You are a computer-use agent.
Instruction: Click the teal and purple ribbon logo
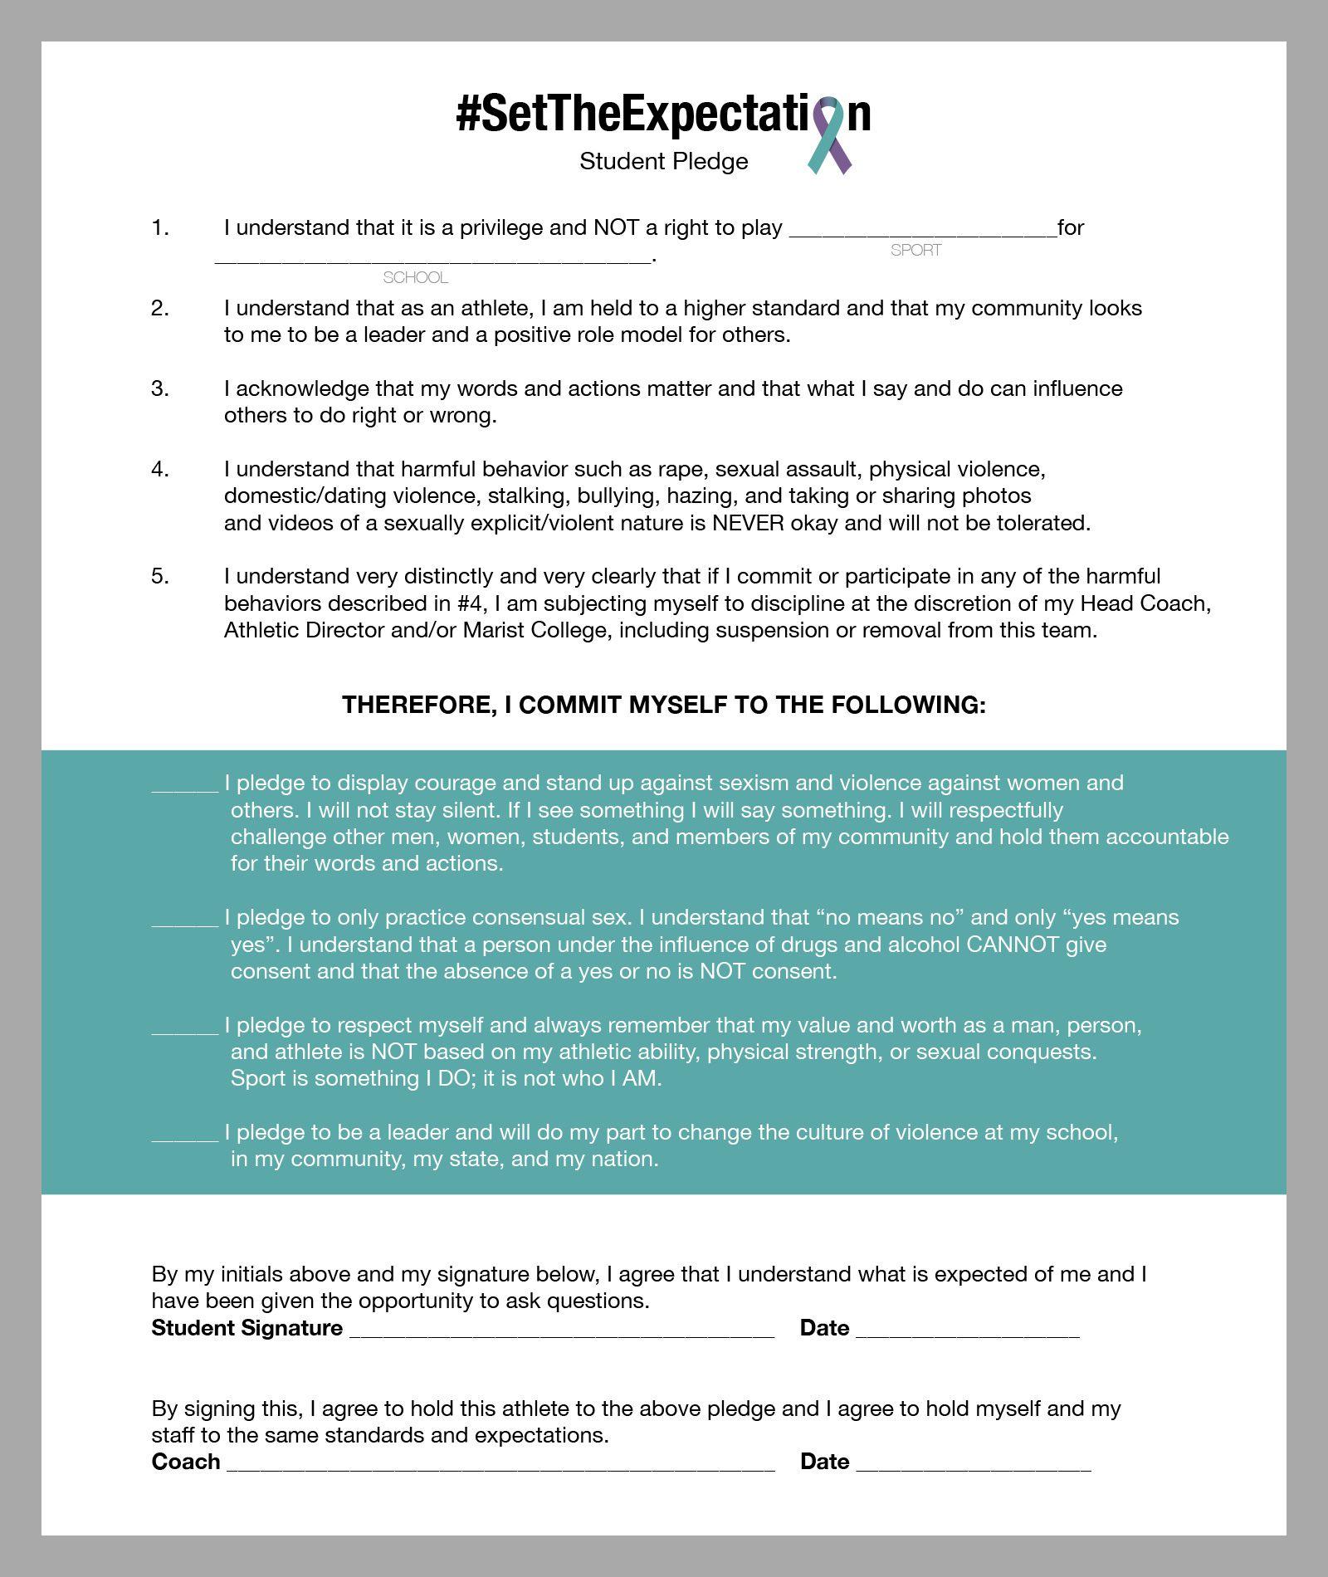[829, 135]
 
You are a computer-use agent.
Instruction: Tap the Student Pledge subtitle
[663, 161]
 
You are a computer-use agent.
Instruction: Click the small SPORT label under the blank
[915, 250]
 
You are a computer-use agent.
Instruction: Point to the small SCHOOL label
[415, 277]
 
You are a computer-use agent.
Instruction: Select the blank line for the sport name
[922, 232]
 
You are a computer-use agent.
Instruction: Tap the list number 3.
[159, 388]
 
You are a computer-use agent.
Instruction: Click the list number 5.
[159, 576]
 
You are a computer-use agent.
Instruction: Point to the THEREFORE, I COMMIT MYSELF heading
[663, 705]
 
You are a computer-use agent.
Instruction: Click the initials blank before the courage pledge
[184, 788]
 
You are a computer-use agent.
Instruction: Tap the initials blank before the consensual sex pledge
[184, 922]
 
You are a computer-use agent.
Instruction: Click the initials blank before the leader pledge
[184, 1137]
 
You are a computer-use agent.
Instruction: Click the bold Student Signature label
[247, 1328]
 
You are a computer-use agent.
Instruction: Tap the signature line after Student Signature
[562, 1332]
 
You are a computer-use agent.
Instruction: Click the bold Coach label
[185, 1462]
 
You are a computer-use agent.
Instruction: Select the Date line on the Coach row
[973, 1467]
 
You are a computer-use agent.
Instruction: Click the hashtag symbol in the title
[467, 114]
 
